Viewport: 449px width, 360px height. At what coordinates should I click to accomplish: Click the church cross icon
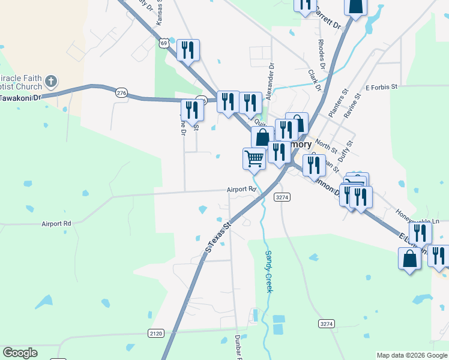[x=51, y=81]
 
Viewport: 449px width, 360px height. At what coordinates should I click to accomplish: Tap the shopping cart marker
[x=255, y=158]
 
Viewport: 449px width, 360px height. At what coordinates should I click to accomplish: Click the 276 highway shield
[x=122, y=92]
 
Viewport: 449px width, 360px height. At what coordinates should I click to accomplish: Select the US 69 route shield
[x=164, y=43]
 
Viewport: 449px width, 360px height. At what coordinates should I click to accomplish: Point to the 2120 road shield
[x=155, y=332]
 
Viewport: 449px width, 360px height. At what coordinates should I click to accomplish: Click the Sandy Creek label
[x=269, y=271]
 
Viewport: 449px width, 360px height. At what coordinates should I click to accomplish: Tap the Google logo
[x=20, y=353]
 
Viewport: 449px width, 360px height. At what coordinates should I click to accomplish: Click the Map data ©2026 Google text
[x=411, y=355]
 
